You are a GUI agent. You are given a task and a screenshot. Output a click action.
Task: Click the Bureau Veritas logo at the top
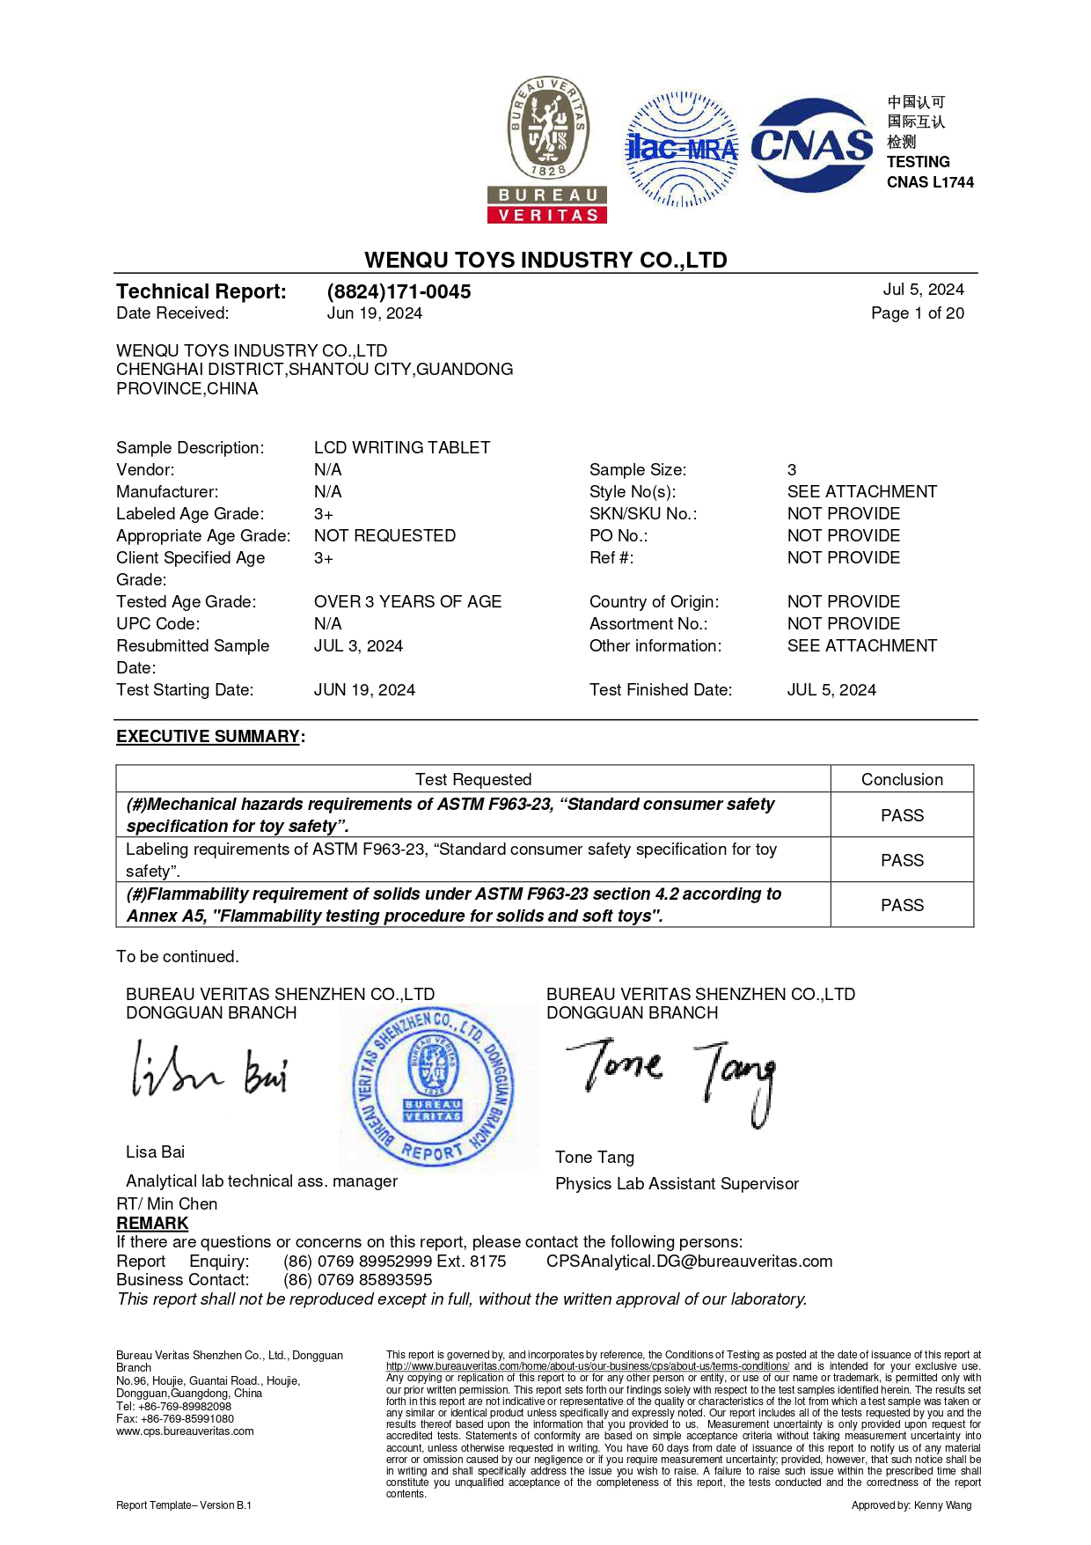547,149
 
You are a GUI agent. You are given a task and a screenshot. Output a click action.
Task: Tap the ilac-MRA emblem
682,149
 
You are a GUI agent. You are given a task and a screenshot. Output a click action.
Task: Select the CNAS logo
811,145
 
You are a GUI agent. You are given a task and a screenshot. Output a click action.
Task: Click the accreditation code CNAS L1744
930,182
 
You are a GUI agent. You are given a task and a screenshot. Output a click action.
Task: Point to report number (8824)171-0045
399,291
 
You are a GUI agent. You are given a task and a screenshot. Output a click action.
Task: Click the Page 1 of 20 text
917,313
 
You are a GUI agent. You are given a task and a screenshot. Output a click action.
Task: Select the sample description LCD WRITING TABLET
402,448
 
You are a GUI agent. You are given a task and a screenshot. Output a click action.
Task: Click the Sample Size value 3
792,470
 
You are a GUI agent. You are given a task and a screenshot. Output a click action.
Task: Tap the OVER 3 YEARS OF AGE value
407,602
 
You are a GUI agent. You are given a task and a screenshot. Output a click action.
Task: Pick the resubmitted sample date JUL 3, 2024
358,646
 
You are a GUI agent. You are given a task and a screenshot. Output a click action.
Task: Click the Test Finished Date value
831,690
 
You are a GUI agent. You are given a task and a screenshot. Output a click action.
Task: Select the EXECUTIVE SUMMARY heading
209,737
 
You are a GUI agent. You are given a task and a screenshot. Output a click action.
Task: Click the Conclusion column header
902,780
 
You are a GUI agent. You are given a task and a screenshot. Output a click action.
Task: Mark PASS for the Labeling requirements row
902,860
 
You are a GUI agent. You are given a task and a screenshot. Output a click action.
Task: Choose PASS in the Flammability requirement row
902,905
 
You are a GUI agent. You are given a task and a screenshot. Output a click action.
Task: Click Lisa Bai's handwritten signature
209,1070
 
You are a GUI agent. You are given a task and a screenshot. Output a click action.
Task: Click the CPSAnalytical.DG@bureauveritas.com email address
689,1262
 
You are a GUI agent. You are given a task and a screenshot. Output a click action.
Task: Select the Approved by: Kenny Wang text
911,1505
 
